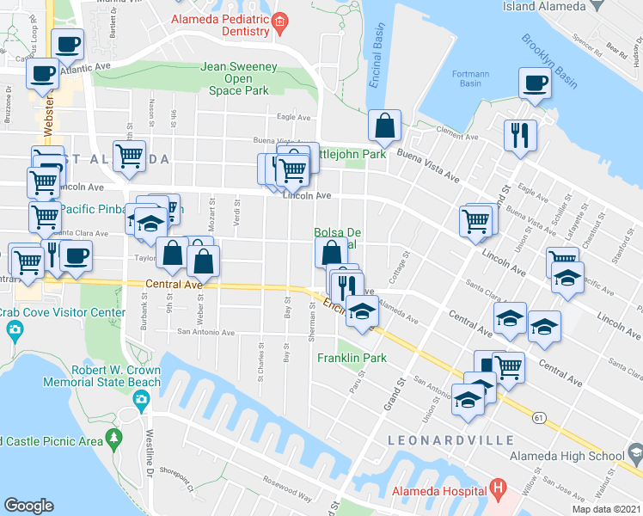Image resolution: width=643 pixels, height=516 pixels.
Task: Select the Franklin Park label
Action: pyautogui.click(x=352, y=358)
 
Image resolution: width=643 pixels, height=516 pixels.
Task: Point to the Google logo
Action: pyautogui.click(x=28, y=506)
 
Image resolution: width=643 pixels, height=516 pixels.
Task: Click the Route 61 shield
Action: pyautogui.click(x=539, y=418)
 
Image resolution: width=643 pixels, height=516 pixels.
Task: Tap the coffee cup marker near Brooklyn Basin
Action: pyautogui.click(x=535, y=83)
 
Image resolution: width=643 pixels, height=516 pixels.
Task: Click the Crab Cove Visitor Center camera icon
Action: pyautogui.click(x=15, y=329)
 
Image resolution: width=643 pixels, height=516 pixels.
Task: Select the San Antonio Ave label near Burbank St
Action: pyautogui.click(x=205, y=331)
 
